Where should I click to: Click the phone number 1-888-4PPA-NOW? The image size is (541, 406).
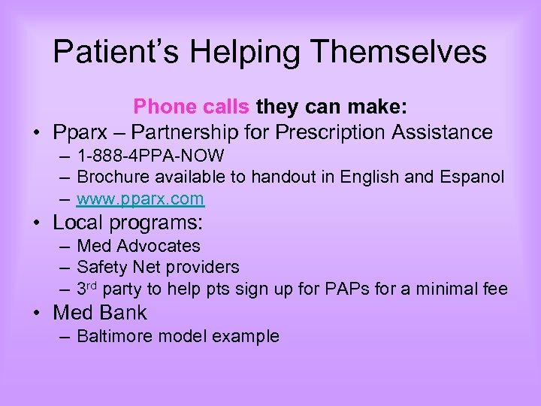(150, 156)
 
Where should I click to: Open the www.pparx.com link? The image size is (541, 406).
(140, 198)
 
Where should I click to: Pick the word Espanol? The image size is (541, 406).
(476, 177)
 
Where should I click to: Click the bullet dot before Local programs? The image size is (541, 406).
(36, 223)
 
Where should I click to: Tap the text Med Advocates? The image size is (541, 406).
(139, 246)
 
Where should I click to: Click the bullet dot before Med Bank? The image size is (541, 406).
(36, 313)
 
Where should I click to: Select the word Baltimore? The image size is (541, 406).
(113, 336)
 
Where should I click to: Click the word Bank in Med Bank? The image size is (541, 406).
(123, 313)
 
